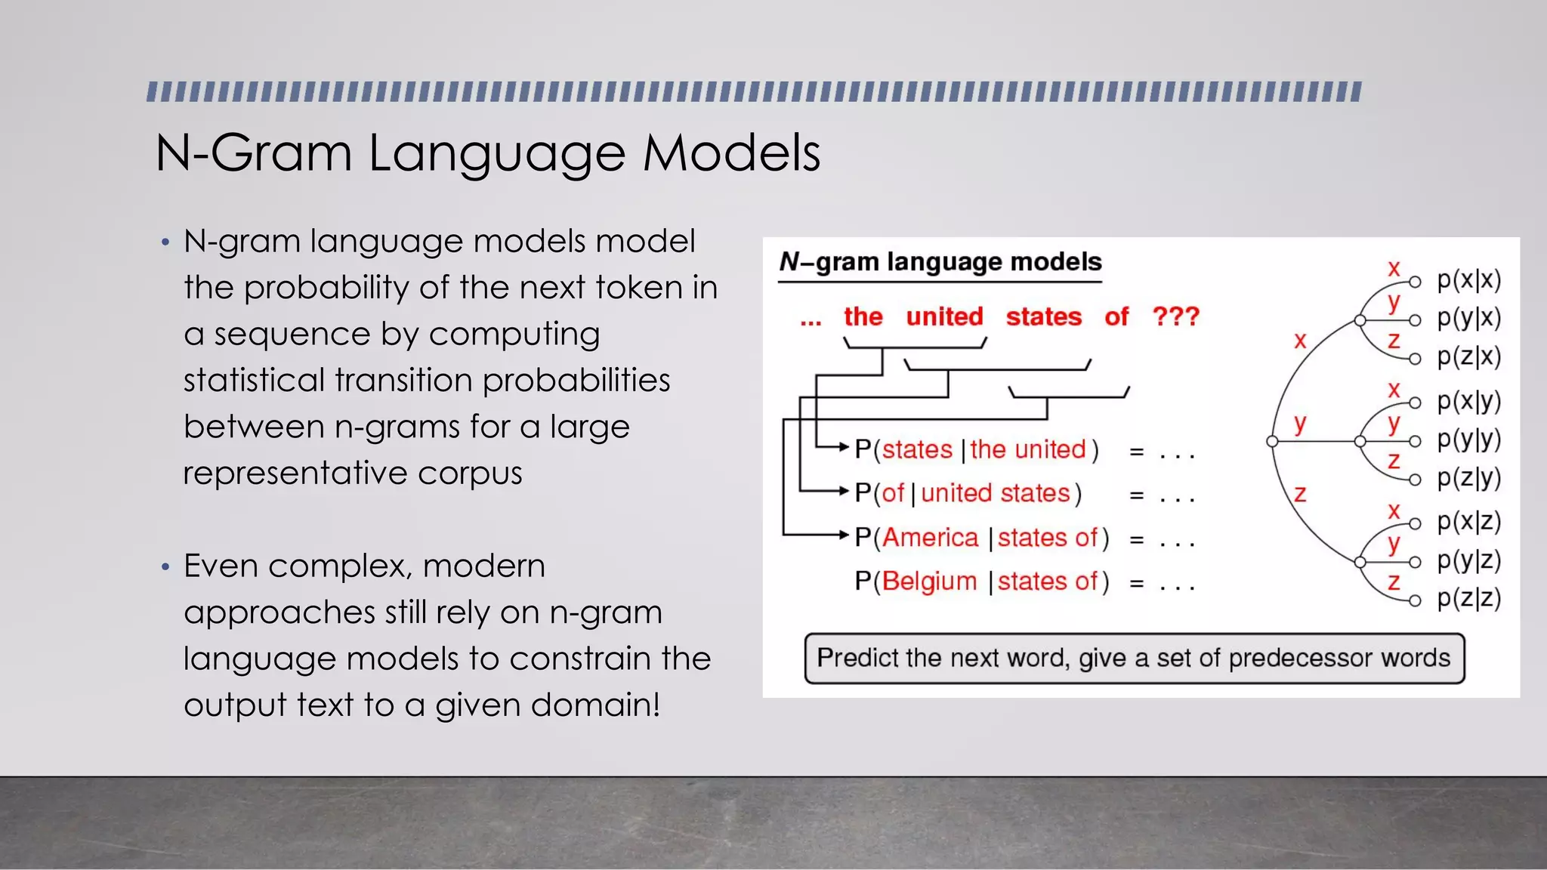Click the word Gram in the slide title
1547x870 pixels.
(x=282, y=153)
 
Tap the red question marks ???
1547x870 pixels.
(x=1175, y=316)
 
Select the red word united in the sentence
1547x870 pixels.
(x=944, y=316)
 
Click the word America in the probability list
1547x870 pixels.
(x=930, y=538)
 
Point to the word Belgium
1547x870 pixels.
(x=929, y=582)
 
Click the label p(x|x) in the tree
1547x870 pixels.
(x=1468, y=280)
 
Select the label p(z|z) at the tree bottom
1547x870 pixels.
(x=1468, y=598)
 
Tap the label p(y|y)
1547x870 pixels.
(x=1468, y=439)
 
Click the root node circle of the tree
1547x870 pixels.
(x=1272, y=441)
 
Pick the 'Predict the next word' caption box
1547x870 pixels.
(x=1134, y=659)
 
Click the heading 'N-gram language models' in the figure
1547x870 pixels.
(x=940, y=262)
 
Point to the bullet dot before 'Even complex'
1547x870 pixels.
(x=165, y=566)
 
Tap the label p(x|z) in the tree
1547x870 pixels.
(x=1468, y=521)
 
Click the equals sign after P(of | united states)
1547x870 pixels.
(x=1136, y=495)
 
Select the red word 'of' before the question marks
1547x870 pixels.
(x=1116, y=316)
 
